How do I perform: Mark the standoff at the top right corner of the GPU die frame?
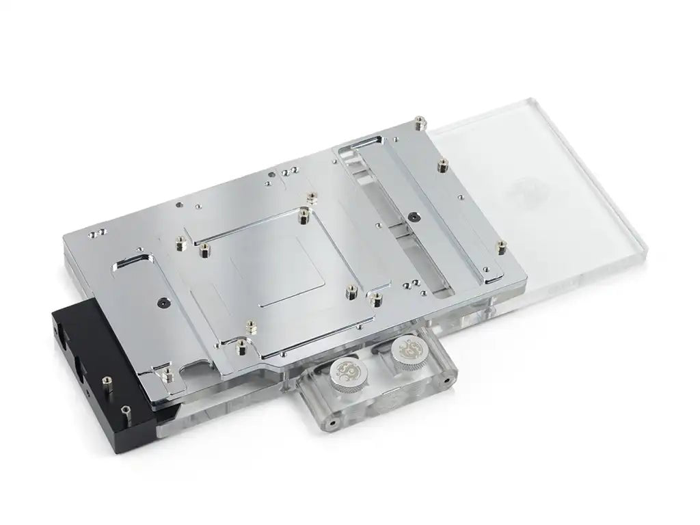[x=312, y=197]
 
